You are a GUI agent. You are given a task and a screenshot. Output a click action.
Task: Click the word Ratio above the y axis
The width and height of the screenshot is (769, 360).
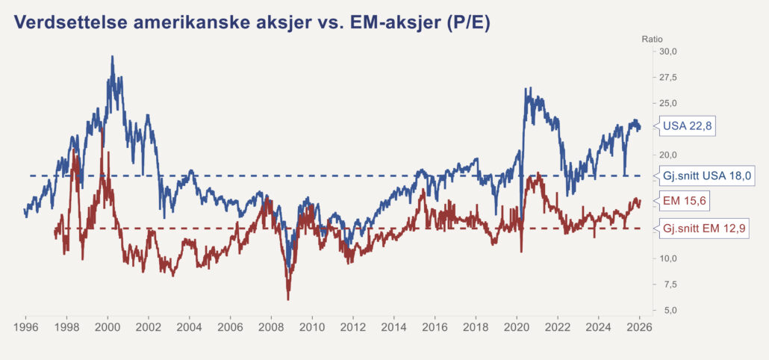652,39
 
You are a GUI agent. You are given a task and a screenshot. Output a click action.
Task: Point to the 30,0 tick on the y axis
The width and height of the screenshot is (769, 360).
666,52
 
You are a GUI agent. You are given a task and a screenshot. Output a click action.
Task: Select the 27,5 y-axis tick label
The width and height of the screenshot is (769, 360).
666,78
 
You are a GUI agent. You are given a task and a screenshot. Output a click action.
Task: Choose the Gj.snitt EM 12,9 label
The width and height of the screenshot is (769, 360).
704,229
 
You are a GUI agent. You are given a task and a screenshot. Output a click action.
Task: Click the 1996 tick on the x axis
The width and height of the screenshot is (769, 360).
26,327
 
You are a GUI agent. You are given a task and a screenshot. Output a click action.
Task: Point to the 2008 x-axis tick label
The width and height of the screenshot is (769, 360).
272,327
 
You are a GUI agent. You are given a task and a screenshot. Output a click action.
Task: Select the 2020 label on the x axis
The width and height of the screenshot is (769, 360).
517,327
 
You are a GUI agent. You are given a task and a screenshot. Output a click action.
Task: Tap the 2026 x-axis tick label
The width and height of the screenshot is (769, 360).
639,327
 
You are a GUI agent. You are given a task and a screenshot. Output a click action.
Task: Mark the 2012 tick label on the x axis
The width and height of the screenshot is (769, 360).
353,327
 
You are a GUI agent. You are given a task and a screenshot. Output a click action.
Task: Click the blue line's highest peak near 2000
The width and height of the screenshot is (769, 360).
112,57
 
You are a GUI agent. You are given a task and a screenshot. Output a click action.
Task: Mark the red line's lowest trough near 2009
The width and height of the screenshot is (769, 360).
288,299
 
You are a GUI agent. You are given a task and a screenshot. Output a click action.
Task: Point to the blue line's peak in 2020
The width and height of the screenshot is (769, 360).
525,89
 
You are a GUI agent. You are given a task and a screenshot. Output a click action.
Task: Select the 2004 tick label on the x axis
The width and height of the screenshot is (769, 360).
190,327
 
